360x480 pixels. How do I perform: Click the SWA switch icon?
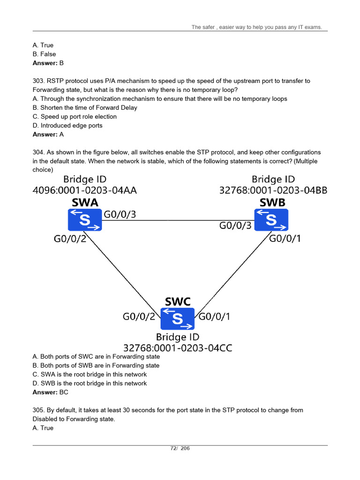coord(85,220)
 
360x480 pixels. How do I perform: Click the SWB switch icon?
coord(271,220)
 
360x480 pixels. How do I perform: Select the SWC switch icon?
coord(177,319)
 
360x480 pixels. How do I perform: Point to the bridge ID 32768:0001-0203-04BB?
coord(273,190)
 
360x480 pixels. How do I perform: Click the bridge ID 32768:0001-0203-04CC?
coord(178,348)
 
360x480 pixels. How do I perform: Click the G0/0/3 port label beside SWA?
coord(120,215)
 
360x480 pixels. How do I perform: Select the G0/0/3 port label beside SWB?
coord(236,225)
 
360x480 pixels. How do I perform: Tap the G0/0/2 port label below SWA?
coord(70,240)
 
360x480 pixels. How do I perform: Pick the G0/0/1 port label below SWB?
coord(285,239)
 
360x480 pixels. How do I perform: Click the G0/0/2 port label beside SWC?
coord(139,316)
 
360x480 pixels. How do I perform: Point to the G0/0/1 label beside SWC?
coord(215,316)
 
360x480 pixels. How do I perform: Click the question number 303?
coord(38,81)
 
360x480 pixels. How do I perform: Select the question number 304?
coord(38,153)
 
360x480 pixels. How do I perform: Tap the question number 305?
coord(38,410)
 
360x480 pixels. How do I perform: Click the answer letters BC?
coord(63,392)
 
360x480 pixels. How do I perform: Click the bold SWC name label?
coord(178,301)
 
